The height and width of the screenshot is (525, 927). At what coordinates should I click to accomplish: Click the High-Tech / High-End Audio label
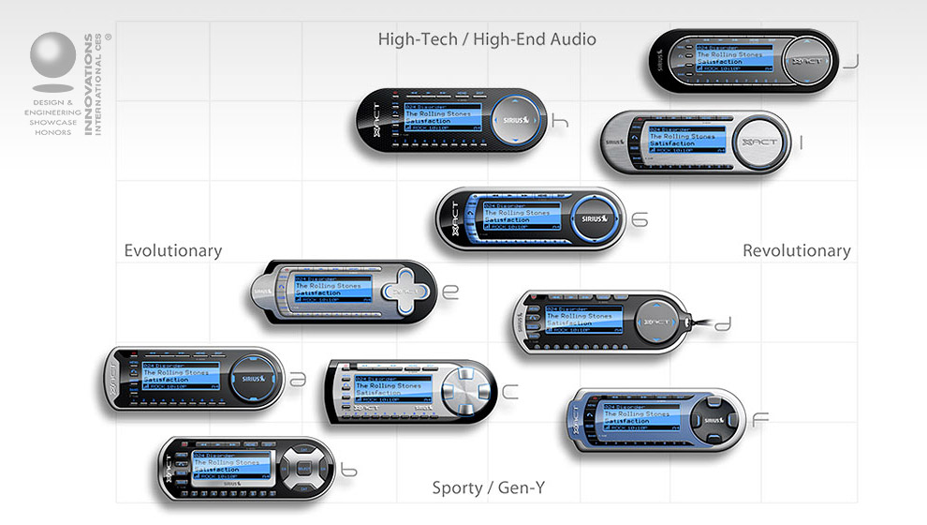[x=487, y=39]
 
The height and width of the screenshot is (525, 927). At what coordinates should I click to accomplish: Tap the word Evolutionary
[x=173, y=251]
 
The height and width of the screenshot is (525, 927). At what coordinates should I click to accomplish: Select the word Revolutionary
[x=796, y=251]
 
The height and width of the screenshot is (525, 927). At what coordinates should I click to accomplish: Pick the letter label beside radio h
[x=560, y=121]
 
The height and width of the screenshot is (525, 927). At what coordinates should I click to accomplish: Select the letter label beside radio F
[x=760, y=419]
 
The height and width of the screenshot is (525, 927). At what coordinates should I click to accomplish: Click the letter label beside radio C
[x=509, y=393]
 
